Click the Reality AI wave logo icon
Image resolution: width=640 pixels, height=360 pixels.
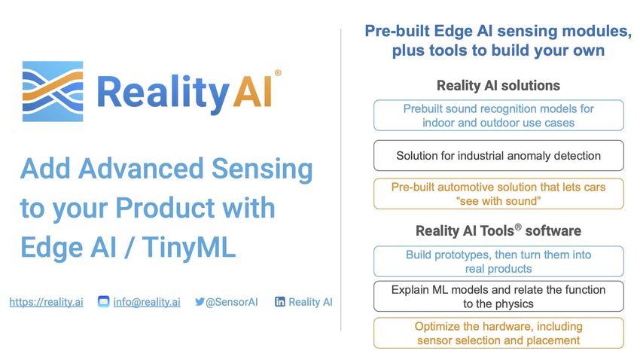click(x=53, y=91)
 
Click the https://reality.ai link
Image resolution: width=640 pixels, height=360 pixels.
click(x=46, y=302)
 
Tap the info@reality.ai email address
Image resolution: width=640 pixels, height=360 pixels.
click(x=147, y=302)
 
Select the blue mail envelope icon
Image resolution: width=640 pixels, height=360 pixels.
click(x=104, y=302)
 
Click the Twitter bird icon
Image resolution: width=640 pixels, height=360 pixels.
click(x=200, y=302)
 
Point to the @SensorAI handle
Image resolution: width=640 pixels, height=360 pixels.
click(x=231, y=302)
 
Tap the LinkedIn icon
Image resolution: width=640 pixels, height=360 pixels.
click(x=280, y=302)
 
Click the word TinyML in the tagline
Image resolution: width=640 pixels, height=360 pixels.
click(x=189, y=247)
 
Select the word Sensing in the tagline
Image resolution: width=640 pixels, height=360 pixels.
click(x=263, y=169)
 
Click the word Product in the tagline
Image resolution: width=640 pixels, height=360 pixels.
click(x=165, y=207)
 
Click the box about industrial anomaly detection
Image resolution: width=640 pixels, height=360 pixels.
click(x=498, y=155)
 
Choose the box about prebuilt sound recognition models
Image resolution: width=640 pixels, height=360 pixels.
click(x=498, y=115)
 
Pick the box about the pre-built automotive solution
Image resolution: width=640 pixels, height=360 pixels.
click(x=498, y=194)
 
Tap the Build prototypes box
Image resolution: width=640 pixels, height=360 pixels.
click(x=498, y=261)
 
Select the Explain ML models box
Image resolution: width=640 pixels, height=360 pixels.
click(x=498, y=297)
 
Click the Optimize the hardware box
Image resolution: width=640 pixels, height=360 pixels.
click(x=498, y=334)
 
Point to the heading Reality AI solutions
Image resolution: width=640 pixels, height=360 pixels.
click(x=498, y=86)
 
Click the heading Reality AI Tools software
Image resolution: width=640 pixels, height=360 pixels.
click(x=498, y=230)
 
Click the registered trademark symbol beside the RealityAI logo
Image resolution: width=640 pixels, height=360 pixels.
click(x=278, y=72)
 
